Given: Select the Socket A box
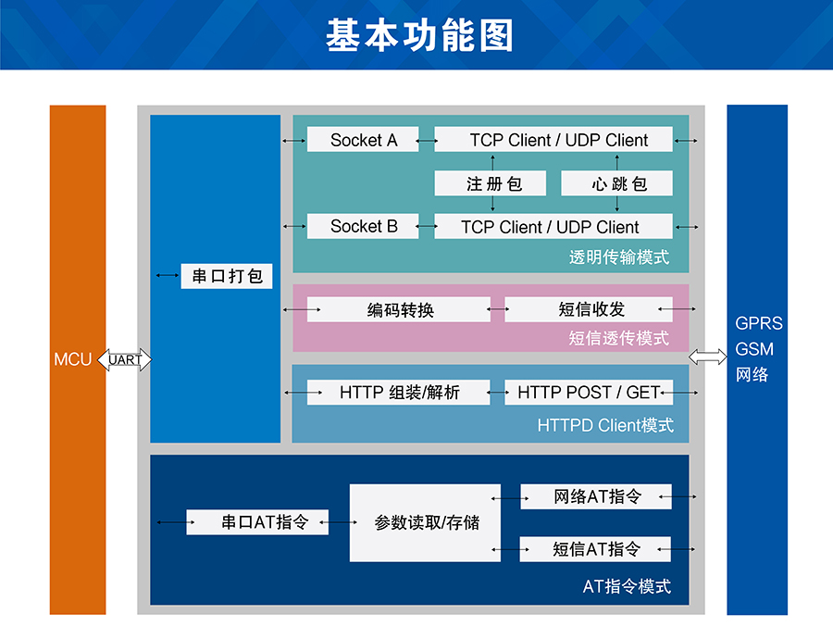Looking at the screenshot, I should tap(363, 140).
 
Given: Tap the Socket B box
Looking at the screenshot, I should tap(363, 226).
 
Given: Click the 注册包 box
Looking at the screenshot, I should tap(493, 183).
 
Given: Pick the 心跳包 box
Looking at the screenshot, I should tap(619, 183).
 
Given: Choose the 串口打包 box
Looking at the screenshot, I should tap(227, 276).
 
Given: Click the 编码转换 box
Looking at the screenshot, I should tap(399, 310).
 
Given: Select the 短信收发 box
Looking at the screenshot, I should tap(590, 309).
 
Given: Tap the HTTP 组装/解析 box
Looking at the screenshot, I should tap(399, 393).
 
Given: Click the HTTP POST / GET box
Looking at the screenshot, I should tap(589, 393).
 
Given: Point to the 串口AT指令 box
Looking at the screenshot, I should tap(258, 522).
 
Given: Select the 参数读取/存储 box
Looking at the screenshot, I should tap(425, 522).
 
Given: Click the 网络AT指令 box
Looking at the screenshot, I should tap(596, 496).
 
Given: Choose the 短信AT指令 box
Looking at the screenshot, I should tap(596, 549).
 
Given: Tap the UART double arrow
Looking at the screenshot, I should tap(124, 359).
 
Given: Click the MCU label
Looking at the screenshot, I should tap(73, 359).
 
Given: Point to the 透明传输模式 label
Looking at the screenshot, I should tap(619, 257).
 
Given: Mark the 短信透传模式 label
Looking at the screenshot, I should tap(619, 338).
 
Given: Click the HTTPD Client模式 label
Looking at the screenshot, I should tap(605, 426).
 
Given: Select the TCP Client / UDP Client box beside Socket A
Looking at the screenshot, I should tap(553, 140).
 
